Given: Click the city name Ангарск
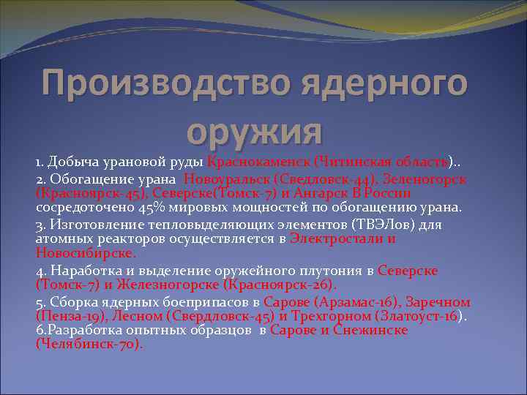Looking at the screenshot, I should (x=314, y=193).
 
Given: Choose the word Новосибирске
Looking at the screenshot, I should (x=85, y=253).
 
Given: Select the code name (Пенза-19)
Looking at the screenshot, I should (x=70, y=316).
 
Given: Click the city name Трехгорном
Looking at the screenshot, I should (x=331, y=316).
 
